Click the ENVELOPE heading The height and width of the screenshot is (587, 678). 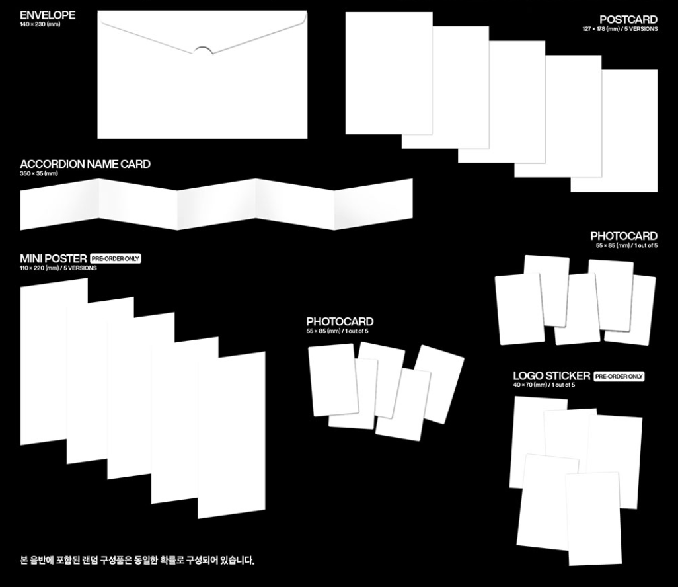48,15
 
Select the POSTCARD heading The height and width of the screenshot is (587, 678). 628,20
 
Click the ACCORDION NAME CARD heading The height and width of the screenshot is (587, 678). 85,164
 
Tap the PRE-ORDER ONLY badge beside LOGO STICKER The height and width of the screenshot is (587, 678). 619,376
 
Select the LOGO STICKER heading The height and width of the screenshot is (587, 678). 551,376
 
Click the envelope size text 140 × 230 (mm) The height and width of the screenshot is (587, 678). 40,24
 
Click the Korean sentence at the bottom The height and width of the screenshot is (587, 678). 137,561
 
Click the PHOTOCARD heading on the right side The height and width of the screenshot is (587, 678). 624,236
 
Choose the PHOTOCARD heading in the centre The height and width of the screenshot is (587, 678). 340,322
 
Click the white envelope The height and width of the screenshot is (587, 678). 202,93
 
